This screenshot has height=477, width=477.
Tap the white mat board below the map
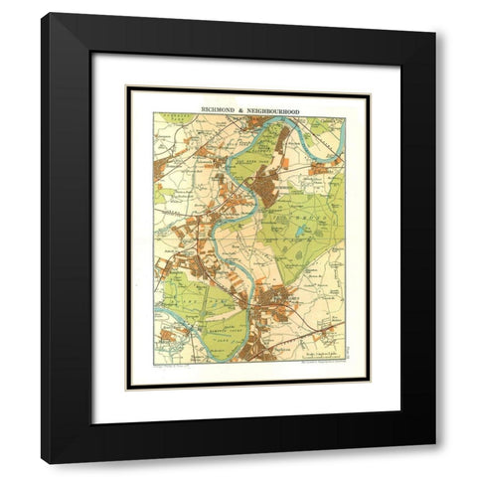248,402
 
